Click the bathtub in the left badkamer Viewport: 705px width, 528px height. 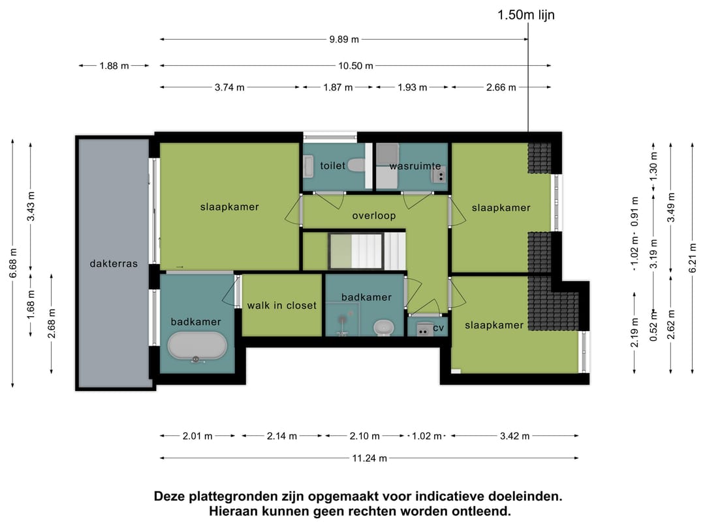(197, 346)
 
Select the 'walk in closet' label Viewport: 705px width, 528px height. (281, 305)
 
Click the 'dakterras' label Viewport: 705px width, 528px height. (114, 264)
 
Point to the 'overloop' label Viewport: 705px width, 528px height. (374, 216)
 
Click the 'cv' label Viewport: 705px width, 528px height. (439, 328)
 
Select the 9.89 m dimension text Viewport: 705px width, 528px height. (344, 39)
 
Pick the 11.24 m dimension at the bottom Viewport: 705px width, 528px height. (369, 458)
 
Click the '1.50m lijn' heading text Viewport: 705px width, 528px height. (526, 14)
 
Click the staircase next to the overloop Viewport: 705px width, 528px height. (367, 252)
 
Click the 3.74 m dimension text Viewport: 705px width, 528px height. (230, 87)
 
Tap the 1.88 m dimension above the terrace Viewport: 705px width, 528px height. (114, 65)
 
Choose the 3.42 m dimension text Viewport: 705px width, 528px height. (514, 436)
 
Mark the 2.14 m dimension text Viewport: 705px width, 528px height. (282, 436)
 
